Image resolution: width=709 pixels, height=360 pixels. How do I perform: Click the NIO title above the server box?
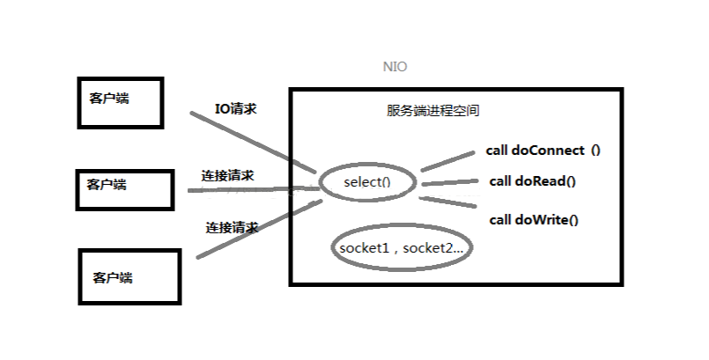(x=395, y=67)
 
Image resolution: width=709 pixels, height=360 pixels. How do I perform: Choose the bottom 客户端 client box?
(x=130, y=276)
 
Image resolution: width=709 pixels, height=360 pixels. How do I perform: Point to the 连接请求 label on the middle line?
(x=227, y=175)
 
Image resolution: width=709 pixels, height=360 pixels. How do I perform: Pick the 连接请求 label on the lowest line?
(x=232, y=226)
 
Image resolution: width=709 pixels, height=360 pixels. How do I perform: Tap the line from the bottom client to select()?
(x=255, y=230)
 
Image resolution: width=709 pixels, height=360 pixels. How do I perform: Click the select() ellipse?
(x=366, y=183)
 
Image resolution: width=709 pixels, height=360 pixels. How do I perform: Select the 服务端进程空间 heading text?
(x=432, y=112)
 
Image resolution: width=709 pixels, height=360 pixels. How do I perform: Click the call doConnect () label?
(x=543, y=150)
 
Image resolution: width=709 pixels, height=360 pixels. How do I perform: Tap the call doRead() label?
(x=532, y=181)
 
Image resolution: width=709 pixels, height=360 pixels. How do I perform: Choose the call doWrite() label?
(x=534, y=219)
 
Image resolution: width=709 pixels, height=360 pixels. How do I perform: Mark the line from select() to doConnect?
(x=447, y=160)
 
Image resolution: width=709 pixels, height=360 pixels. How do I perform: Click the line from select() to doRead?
(x=450, y=182)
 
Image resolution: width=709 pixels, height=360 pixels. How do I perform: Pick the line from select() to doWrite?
(x=449, y=205)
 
